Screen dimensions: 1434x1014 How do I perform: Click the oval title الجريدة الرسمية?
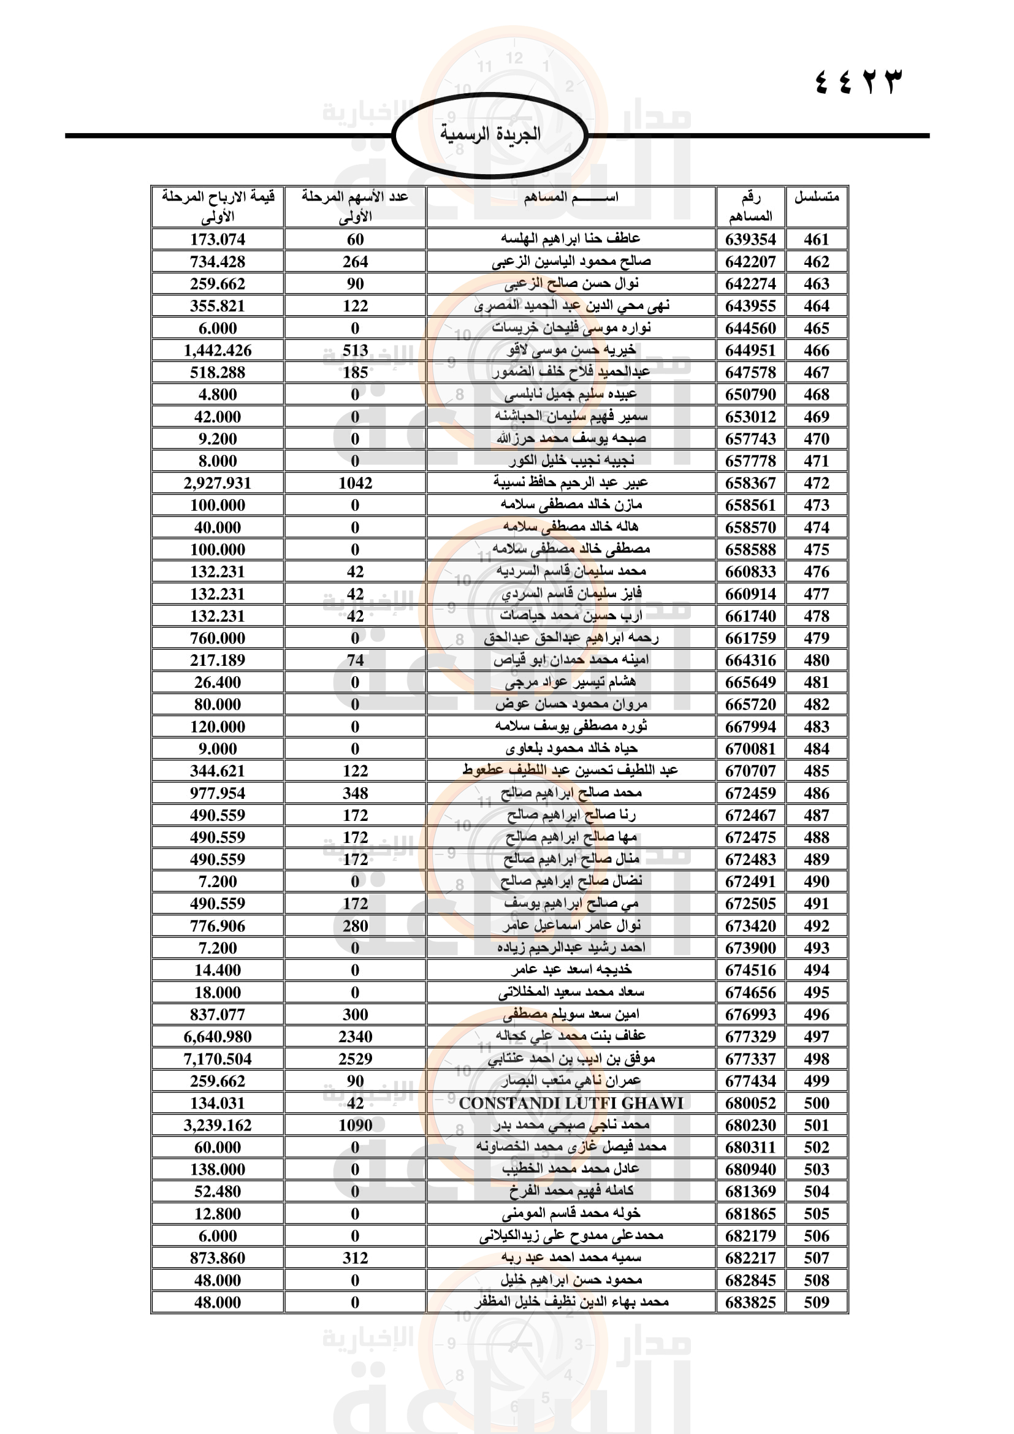(x=490, y=134)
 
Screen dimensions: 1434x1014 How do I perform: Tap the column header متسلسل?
(x=816, y=198)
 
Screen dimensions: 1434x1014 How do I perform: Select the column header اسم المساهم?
(x=571, y=198)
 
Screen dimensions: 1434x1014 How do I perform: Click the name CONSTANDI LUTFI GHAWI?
(x=571, y=1104)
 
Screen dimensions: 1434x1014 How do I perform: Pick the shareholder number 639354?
(x=750, y=240)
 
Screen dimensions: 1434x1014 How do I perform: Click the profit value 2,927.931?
(x=217, y=483)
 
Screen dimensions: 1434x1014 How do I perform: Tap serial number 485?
(x=816, y=771)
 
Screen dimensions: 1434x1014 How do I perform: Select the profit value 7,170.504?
(x=217, y=1059)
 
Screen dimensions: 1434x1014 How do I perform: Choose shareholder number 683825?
(x=750, y=1303)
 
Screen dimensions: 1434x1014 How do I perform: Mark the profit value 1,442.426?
(x=217, y=351)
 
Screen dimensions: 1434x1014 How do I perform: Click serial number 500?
(x=816, y=1104)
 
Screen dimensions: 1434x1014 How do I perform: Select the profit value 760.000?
(x=217, y=638)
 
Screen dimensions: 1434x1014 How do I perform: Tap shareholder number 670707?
(x=750, y=771)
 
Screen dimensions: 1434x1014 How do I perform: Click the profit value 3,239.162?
(x=217, y=1126)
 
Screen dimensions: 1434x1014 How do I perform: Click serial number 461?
(x=816, y=240)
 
